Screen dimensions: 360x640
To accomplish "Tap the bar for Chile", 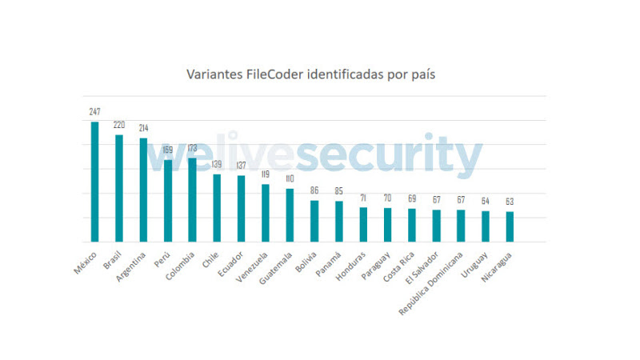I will coord(217,208).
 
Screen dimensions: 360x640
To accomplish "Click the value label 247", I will coord(94,113).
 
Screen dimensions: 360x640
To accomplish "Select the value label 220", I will coord(119,126).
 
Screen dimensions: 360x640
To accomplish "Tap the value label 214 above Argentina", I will coord(143,129).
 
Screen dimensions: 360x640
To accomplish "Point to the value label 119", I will coord(266,175).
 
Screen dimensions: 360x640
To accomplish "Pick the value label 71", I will coord(363,198).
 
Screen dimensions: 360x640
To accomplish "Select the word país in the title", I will coord(422,74).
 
